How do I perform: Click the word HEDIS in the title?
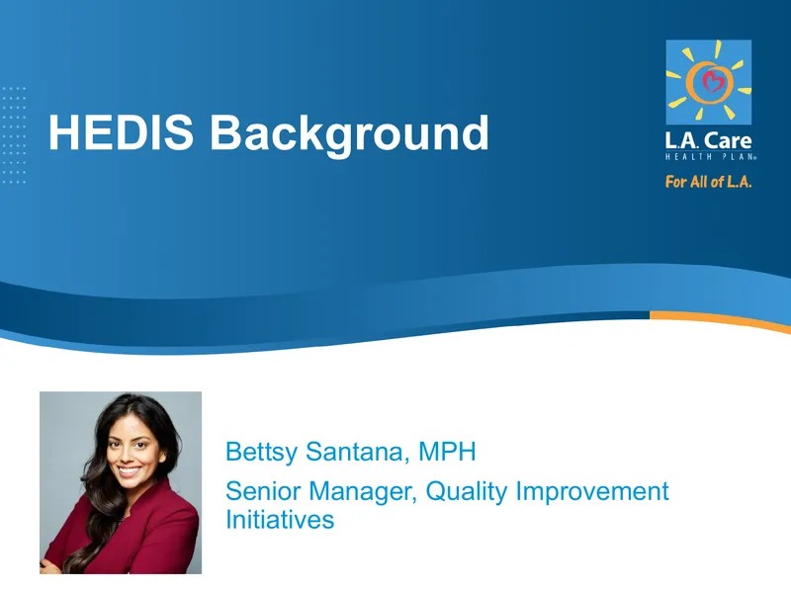[121, 132]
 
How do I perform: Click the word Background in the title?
[349, 133]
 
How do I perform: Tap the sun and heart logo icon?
[708, 82]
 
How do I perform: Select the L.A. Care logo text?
[708, 139]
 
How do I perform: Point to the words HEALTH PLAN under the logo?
[711, 157]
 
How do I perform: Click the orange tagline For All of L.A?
[708, 182]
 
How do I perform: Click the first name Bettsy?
[261, 452]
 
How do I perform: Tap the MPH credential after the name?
[447, 452]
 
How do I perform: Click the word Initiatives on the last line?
[280, 520]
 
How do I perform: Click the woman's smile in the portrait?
[130, 471]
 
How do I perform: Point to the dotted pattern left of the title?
[14, 135]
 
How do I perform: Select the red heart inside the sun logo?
[712, 81]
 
